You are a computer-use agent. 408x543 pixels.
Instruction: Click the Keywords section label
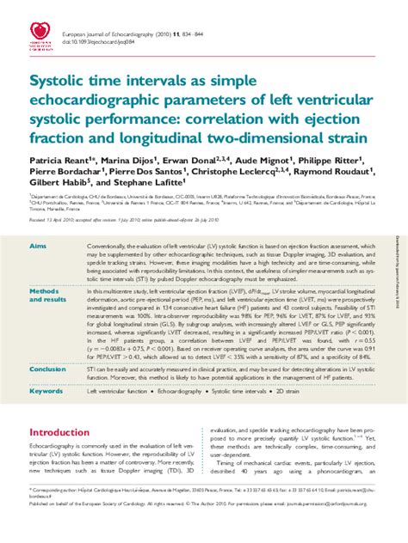tap(46, 391)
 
